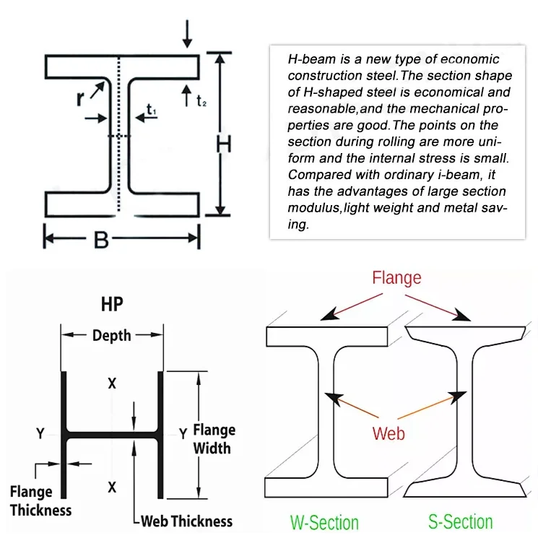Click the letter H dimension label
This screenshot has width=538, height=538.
(x=225, y=144)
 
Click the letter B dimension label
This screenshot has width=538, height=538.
(x=102, y=239)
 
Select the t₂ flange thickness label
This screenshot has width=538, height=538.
(x=201, y=101)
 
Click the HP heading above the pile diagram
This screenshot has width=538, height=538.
(x=112, y=305)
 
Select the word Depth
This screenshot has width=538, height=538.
(x=112, y=335)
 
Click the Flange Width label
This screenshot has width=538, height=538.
(x=214, y=439)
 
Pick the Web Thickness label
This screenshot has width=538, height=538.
(x=186, y=521)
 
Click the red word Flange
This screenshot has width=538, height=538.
(x=396, y=277)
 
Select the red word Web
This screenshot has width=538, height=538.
(x=389, y=433)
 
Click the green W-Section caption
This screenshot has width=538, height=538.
(x=324, y=522)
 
